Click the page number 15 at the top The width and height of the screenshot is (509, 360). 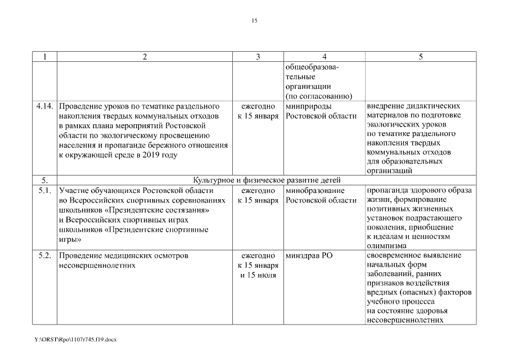tap(254, 21)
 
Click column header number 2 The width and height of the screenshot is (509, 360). tap(145, 57)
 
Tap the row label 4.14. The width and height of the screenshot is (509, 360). tap(44, 106)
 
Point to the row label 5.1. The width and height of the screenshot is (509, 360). tap(44, 191)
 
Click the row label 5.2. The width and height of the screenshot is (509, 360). tap(44, 256)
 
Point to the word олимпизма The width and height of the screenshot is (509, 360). tap(386, 246)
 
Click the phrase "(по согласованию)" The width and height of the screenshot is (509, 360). tap(318, 96)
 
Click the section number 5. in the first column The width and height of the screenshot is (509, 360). tap(44, 180)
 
